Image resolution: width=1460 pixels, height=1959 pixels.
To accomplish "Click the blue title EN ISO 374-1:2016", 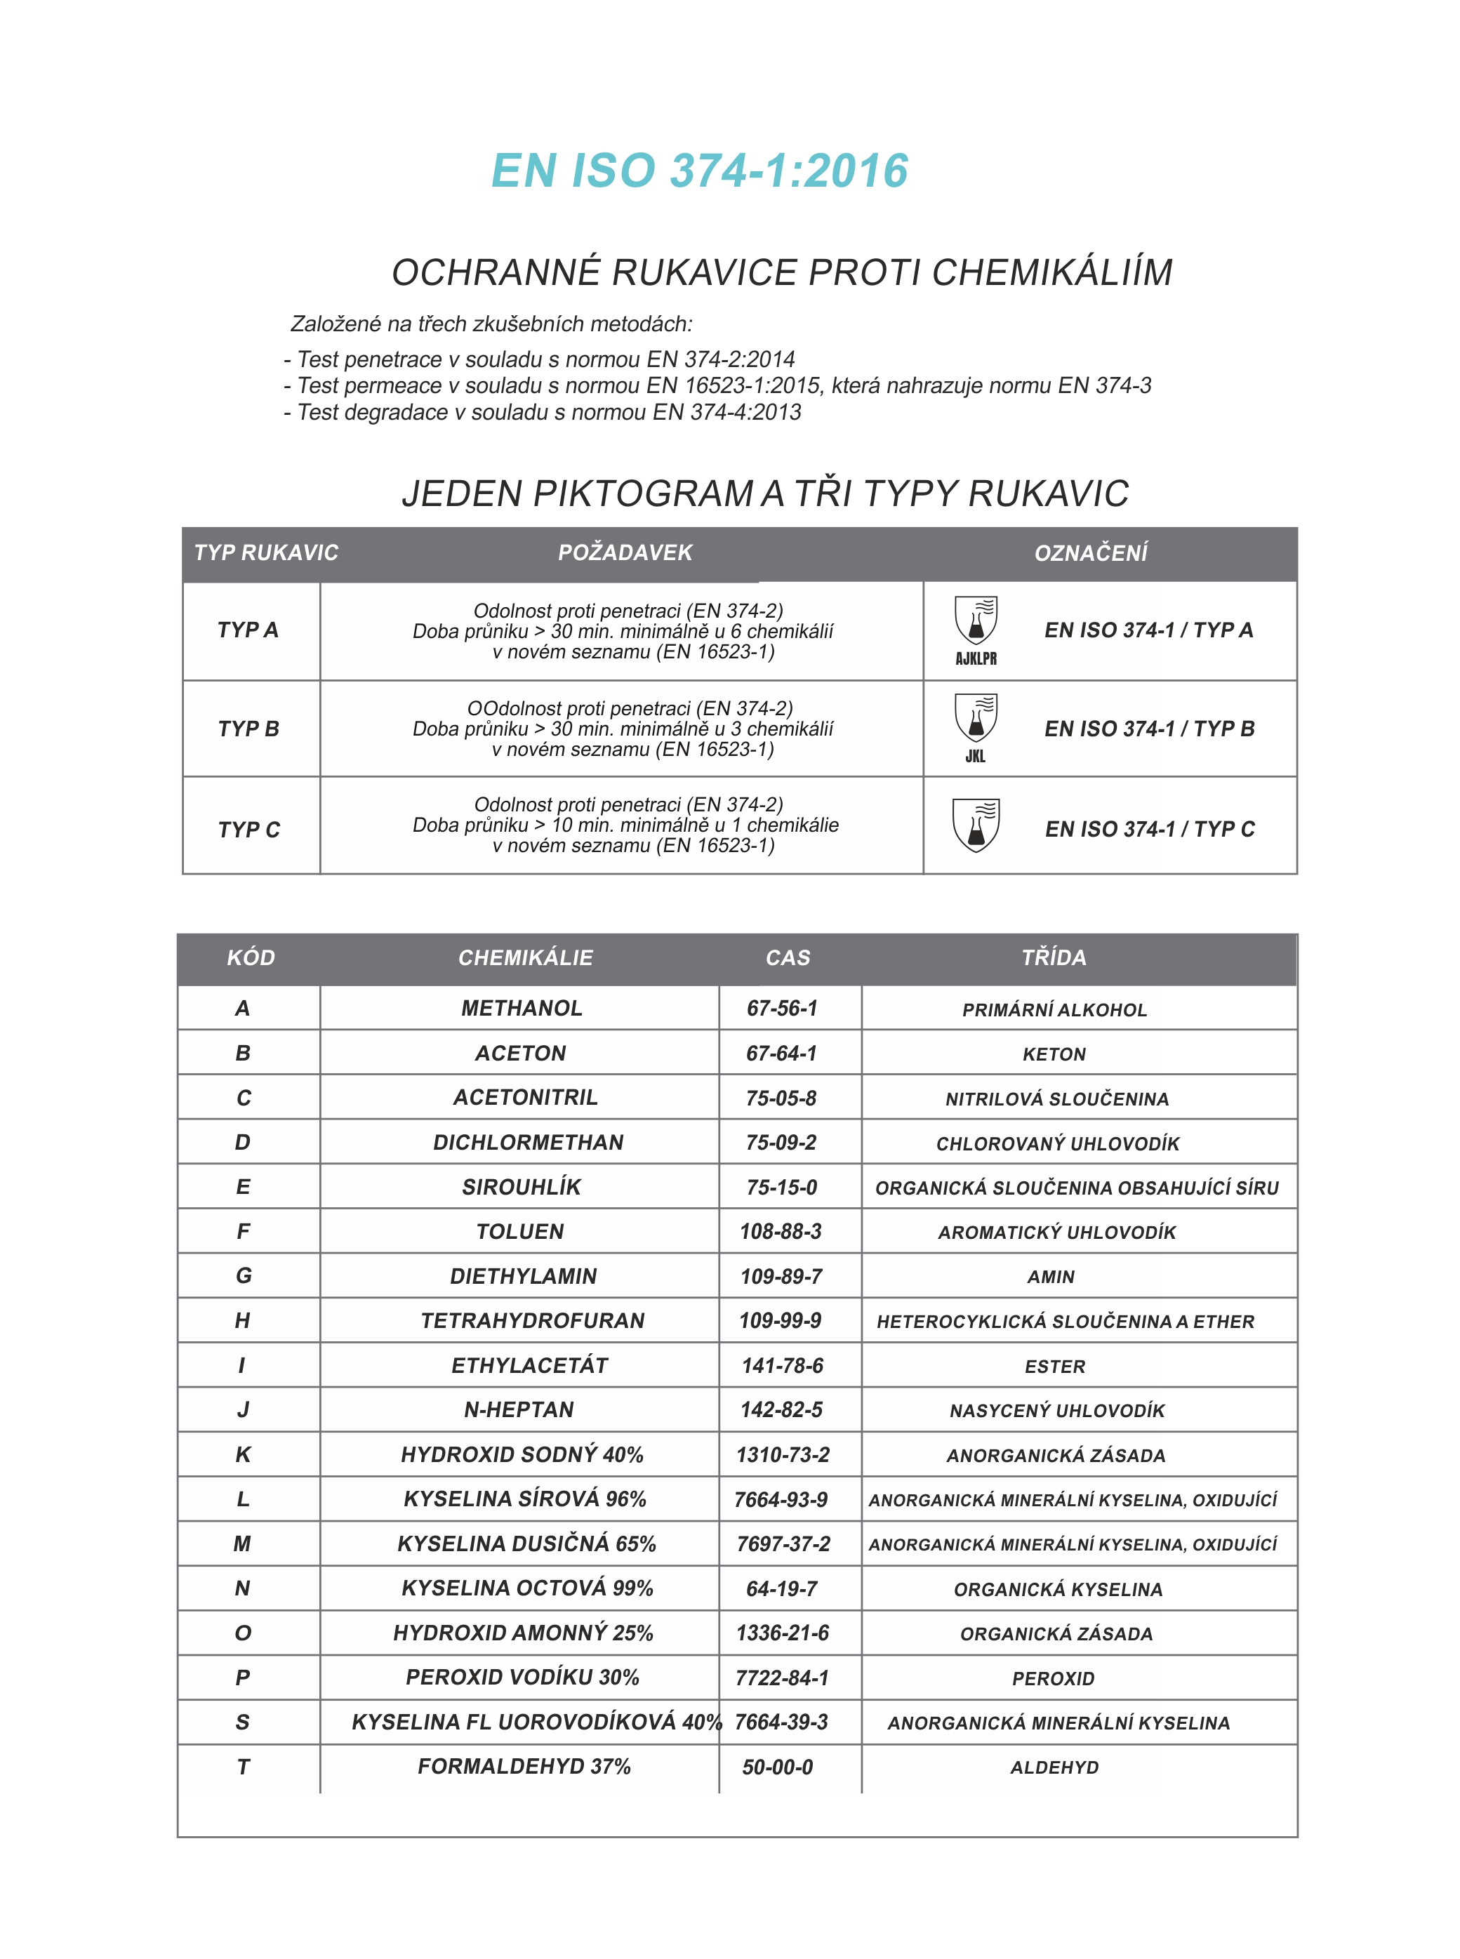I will [x=699, y=171].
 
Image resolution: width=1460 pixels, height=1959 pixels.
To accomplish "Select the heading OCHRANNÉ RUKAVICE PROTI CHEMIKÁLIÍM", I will [x=781, y=272].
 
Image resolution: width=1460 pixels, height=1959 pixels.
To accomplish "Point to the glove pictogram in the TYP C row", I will [x=976, y=825].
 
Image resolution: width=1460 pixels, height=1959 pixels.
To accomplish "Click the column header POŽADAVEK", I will [x=625, y=553].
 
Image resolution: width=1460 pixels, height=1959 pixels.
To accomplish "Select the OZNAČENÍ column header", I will [x=1091, y=553].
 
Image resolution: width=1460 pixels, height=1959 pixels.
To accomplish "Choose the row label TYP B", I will [x=248, y=729].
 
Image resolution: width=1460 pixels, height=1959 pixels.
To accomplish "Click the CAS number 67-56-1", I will [x=782, y=1008].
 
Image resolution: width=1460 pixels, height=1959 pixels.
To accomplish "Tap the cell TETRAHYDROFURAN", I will [x=532, y=1320].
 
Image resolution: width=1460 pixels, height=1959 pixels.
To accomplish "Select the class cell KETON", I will [x=1054, y=1054].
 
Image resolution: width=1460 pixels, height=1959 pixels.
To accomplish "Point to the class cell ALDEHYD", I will [x=1054, y=1767].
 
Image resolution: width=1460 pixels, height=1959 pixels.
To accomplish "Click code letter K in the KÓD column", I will [x=243, y=1454].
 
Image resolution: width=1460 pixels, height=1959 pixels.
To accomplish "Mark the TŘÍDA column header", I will [x=1054, y=958].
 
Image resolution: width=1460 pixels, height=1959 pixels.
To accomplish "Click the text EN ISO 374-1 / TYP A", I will [x=1148, y=630].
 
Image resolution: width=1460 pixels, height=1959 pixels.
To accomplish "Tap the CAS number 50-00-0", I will [x=778, y=1767].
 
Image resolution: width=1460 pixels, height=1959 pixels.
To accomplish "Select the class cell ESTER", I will [x=1054, y=1366].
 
